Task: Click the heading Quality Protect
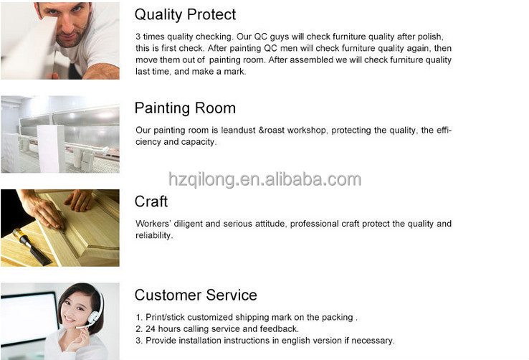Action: click(x=185, y=15)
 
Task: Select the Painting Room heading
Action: click(x=185, y=108)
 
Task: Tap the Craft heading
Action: click(x=151, y=202)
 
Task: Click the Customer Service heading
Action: click(x=196, y=295)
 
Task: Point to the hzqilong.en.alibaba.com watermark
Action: click(x=264, y=179)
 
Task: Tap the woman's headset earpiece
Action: click(x=93, y=316)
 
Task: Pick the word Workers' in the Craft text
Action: click(x=153, y=224)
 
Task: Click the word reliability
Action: click(x=154, y=235)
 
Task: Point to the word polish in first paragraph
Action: click(x=430, y=37)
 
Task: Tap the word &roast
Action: click(x=271, y=131)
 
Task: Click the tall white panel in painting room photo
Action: click(x=52, y=148)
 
